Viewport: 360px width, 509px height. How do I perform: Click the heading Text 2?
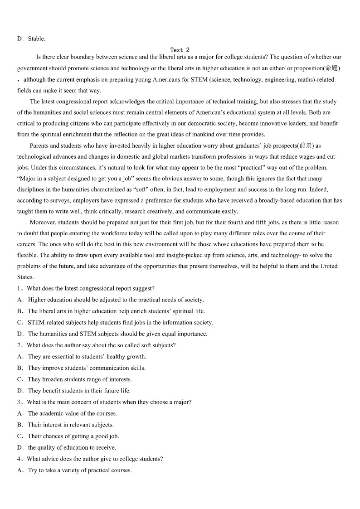(180, 50)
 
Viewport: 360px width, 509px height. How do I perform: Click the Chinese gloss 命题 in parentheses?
(331, 68)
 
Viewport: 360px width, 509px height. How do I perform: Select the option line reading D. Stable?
(31, 39)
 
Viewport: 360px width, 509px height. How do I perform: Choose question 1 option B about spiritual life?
(116, 311)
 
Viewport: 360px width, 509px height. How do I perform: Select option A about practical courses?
(79, 470)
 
